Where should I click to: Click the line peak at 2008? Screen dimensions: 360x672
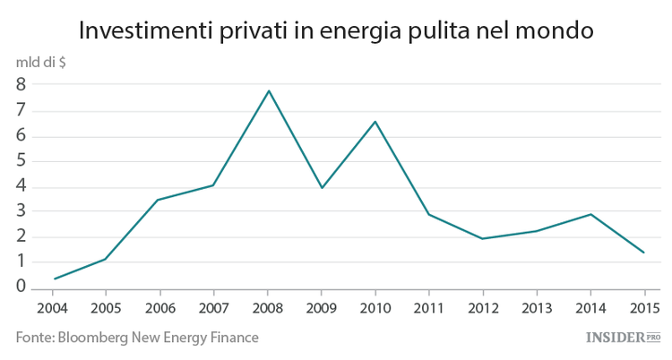[268, 90]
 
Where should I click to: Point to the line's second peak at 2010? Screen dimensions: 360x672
[375, 121]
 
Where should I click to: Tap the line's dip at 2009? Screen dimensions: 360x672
[322, 187]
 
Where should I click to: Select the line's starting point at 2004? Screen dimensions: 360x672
[55, 279]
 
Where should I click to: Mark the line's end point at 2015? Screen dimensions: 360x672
[643, 253]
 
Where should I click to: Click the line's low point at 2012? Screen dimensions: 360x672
[483, 238]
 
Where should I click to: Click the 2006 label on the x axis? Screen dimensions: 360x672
[159, 308]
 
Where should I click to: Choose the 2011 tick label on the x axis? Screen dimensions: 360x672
[428, 308]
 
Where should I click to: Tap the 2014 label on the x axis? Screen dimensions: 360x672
[590, 308]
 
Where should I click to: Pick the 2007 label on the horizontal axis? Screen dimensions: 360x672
[213, 308]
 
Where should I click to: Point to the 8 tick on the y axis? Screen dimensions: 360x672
[20, 85]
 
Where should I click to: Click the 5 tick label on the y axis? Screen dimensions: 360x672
[20, 161]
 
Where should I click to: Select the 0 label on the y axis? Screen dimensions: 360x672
[20, 287]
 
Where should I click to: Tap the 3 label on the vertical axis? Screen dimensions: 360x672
[20, 211]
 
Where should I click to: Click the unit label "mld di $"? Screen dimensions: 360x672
[39, 64]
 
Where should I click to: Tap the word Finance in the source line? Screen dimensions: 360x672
[232, 338]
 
